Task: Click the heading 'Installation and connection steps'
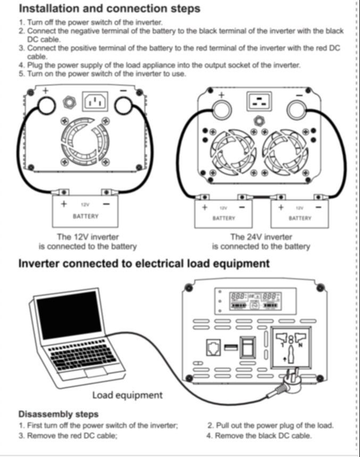(x=110, y=8)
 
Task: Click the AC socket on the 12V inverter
(x=95, y=101)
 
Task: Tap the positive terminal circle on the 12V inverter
(x=47, y=106)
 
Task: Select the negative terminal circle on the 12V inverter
(x=123, y=106)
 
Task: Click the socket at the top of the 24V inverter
(x=259, y=101)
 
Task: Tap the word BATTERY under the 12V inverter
(x=86, y=216)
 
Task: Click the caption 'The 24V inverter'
(x=261, y=236)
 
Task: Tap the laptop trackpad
(x=96, y=373)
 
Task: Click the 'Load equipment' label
(x=127, y=395)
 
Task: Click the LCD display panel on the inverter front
(x=256, y=301)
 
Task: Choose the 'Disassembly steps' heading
(x=58, y=414)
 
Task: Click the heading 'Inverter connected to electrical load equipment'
(x=144, y=264)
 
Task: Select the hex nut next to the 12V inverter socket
(x=69, y=102)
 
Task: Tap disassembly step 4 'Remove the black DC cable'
(x=259, y=436)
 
